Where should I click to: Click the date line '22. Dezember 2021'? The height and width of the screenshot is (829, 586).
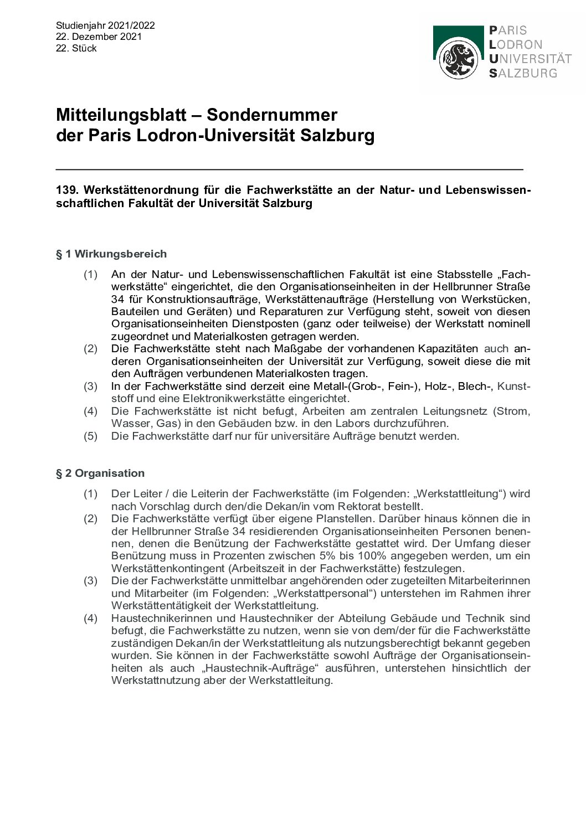[x=99, y=37]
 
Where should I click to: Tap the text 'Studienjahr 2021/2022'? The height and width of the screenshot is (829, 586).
[x=105, y=25]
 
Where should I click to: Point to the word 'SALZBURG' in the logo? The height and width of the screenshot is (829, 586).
[x=523, y=73]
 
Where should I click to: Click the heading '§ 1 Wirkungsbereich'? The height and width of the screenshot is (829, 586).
[x=111, y=254]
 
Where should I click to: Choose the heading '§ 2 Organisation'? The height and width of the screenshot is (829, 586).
[x=100, y=473]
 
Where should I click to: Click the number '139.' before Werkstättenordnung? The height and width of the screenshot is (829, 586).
[x=67, y=190]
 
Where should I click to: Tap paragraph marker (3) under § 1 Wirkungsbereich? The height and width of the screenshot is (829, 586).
[x=90, y=386]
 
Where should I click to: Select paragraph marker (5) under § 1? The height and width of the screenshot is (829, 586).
[x=90, y=436]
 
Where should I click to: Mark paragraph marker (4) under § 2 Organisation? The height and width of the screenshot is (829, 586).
[x=90, y=618]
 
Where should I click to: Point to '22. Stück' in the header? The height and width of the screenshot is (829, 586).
[x=76, y=48]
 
